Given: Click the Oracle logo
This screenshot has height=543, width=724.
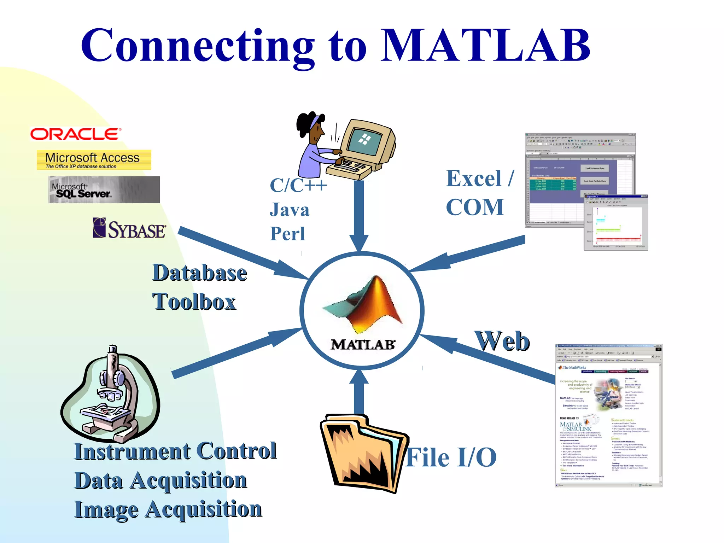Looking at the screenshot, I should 76,134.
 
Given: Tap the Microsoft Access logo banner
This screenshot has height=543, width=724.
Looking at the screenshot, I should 94,160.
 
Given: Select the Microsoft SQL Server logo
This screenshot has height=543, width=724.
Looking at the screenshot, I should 104,190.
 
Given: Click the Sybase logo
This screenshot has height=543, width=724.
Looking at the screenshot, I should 129,228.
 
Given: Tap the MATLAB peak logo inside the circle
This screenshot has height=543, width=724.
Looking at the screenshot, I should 364,304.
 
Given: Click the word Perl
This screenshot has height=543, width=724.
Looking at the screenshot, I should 287,234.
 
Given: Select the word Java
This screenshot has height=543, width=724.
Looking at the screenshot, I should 290,210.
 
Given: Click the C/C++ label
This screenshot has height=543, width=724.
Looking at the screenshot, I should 298,185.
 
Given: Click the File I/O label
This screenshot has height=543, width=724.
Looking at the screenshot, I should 451,457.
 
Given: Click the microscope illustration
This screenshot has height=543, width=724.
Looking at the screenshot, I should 111,394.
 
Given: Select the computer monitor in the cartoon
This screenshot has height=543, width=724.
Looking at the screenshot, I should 368,141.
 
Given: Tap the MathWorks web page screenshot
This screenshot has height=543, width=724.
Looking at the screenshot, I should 608,415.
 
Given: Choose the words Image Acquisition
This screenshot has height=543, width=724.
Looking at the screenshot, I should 168,509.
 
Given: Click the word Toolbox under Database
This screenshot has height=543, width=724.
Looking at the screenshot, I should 194,302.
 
